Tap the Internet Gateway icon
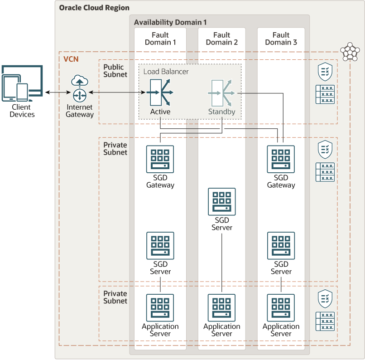point(80,88)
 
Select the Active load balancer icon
point(160,92)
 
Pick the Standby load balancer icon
point(221,92)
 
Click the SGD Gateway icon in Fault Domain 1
point(160,159)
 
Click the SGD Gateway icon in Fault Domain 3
point(281,159)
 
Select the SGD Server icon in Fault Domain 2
point(222,202)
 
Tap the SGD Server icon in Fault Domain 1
point(160,246)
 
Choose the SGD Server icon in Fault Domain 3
point(281,246)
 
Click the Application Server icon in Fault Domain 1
point(160,308)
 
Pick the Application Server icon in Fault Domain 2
point(222,308)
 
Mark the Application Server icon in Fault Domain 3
point(281,308)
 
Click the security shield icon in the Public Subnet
point(325,71)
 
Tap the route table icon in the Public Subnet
point(325,94)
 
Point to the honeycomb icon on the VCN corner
point(350,52)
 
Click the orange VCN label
point(71,59)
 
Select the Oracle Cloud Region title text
point(94,8)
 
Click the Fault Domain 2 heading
point(222,39)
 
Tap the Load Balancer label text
point(166,72)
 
